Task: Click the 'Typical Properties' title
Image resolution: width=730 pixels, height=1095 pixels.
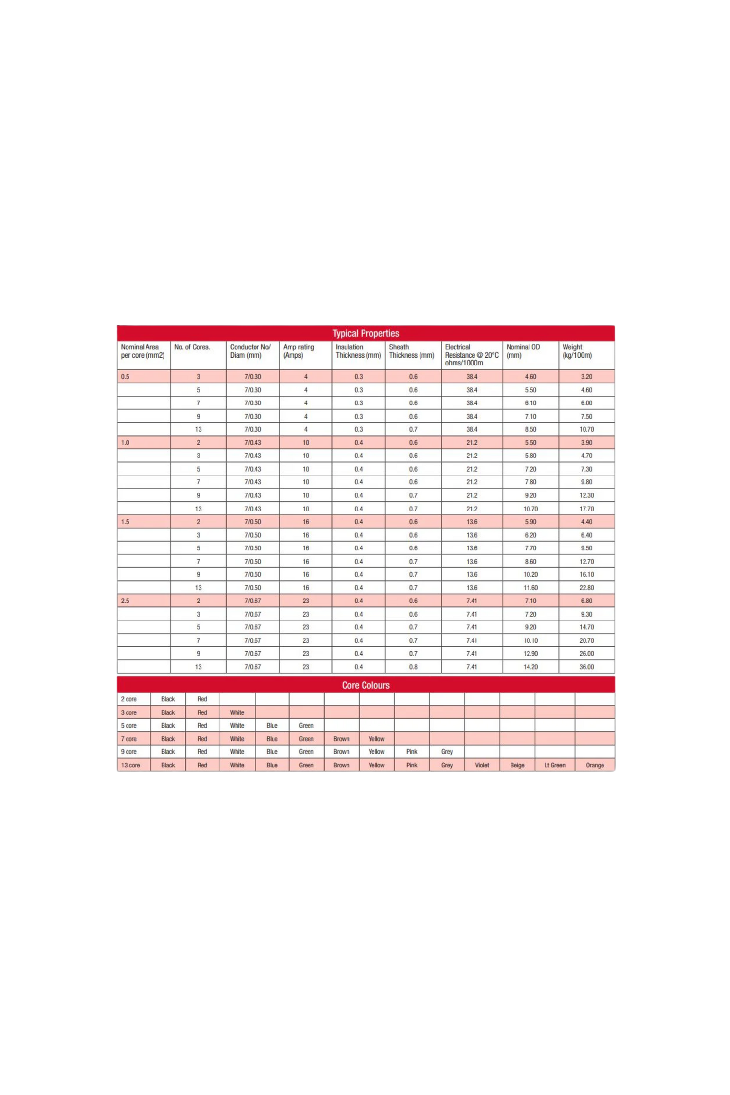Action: coord(365,333)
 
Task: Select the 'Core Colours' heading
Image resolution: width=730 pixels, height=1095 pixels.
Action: coord(365,685)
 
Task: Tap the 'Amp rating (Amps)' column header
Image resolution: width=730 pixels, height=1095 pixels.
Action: coord(299,351)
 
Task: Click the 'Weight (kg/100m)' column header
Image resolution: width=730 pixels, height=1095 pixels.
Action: coord(577,351)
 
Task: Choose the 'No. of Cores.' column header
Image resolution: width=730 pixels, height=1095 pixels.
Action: coord(192,347)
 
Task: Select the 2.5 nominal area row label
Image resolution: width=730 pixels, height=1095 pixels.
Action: coord(125,601)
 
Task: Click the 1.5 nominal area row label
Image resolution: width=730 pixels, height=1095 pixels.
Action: coord(125,522)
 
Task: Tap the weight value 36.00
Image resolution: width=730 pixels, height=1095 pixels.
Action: coord(586,667)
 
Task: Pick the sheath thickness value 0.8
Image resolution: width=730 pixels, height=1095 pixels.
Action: coord(413,667)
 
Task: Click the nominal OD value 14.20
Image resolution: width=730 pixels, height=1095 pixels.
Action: coord(530,667)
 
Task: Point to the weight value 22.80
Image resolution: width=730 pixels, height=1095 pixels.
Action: coord(586,588)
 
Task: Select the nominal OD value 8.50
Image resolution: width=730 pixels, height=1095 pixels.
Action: coord(530,429)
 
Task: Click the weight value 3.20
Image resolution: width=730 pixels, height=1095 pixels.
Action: coord(586,377)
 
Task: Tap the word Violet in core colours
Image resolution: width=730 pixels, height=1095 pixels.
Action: coord(482,765)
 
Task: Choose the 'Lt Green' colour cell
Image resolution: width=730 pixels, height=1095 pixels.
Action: coord(555,765)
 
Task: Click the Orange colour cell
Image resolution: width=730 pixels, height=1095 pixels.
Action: coord(595,765)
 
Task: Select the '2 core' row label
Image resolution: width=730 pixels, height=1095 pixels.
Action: coord(129,699)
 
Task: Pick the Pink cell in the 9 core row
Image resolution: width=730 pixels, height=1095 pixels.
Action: coord(412,752)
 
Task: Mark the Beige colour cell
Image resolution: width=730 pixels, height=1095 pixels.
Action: coord(517,765)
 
